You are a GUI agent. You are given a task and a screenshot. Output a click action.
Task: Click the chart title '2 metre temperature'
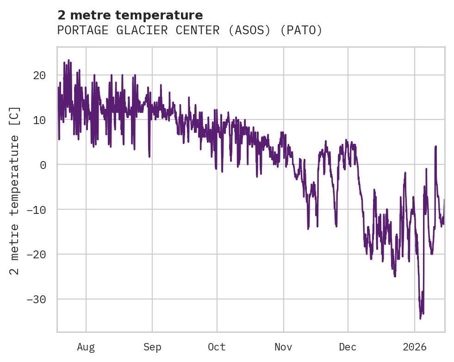tap(130, 15)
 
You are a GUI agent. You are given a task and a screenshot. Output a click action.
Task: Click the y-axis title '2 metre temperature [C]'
tap(15, 191)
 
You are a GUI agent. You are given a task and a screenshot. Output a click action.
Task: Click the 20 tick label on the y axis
tap(39, 75)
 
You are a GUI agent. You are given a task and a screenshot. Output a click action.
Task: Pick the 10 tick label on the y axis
tap(39, 120)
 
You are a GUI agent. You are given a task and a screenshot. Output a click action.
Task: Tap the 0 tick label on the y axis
tap(43, 165)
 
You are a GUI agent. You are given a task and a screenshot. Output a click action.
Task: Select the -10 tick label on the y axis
tap(36, 210)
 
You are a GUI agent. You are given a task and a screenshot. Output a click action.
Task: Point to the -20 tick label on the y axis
tap(36, 255)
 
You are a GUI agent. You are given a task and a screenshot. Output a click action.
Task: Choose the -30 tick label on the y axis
tap(36, 300)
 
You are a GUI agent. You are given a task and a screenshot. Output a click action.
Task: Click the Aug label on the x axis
tap(86, 347)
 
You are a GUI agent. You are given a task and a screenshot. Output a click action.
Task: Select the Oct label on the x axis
tap(217, 347)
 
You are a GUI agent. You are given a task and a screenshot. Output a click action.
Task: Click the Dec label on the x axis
tap(348, 347)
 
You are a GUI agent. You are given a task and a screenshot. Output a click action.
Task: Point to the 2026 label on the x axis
tap(415, 347)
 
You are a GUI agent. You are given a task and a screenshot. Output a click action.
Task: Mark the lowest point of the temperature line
tap(420, 318)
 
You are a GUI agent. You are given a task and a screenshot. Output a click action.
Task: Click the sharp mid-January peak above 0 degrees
tap(435, 146)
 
